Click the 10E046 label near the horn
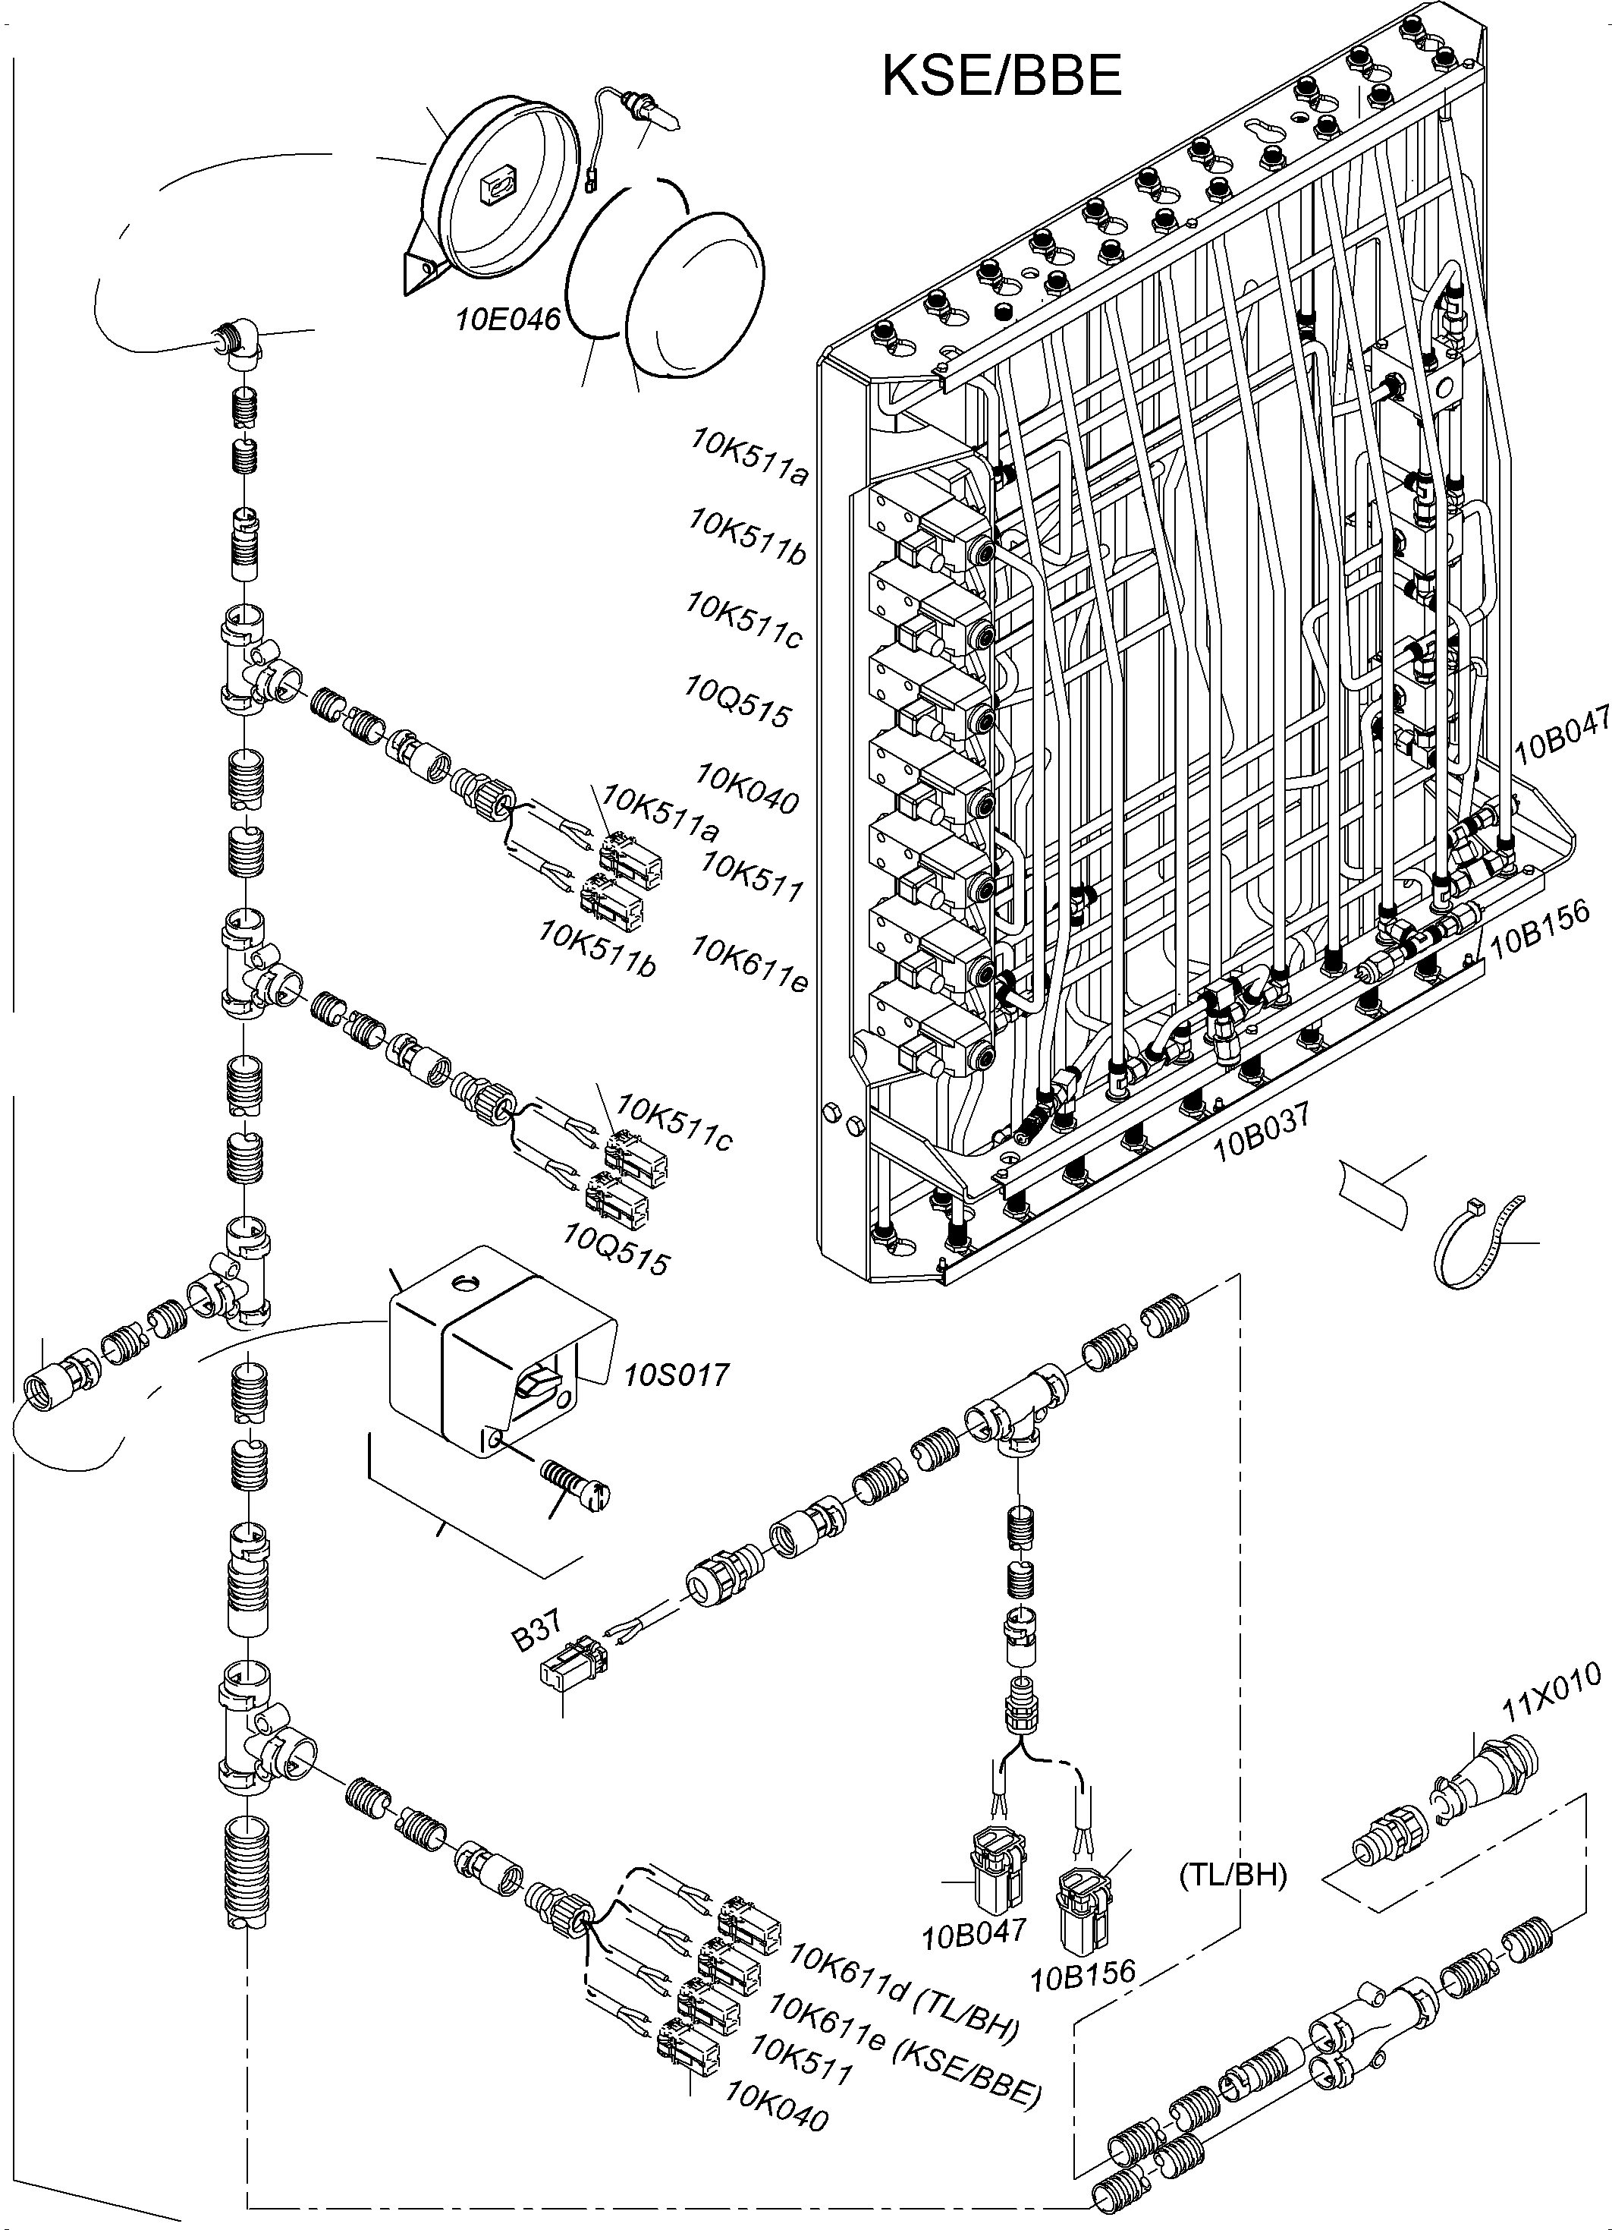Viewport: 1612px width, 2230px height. point(507,320)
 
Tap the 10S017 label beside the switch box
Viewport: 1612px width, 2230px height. point(676,1374)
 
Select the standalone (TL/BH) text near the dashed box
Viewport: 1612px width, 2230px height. point(1232,1876)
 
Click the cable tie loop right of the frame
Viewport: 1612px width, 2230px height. point(1470,1242)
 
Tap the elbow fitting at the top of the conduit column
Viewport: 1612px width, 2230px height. point(237,342)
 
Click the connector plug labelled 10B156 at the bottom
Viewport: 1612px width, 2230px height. point(1085,1910)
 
